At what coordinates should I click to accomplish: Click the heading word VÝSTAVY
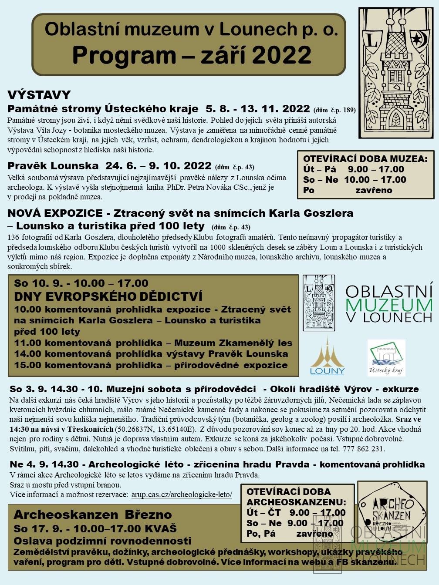tap(39, 95)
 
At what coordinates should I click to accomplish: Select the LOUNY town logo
tap(327, 356)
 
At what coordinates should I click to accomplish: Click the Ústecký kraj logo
tap(386, 358)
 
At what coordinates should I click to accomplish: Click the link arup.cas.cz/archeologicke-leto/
tap(181, 494)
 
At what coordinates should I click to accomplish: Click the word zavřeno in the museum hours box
tap(374, 190)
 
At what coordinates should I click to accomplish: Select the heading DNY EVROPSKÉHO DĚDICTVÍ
tap(108, 296)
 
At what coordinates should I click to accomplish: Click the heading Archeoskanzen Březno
tap(93, 514)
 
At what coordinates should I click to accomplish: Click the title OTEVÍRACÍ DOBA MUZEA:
tap(365, 159)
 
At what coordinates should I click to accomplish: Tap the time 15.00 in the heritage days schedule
tap(27, 365)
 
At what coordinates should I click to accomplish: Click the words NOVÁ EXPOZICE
tap(55, 214)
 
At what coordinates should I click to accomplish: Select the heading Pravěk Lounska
tap(53, 166)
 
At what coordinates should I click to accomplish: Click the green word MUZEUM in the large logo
tap(389, 304)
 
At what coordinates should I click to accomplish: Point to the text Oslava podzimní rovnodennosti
tap(102, 541)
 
